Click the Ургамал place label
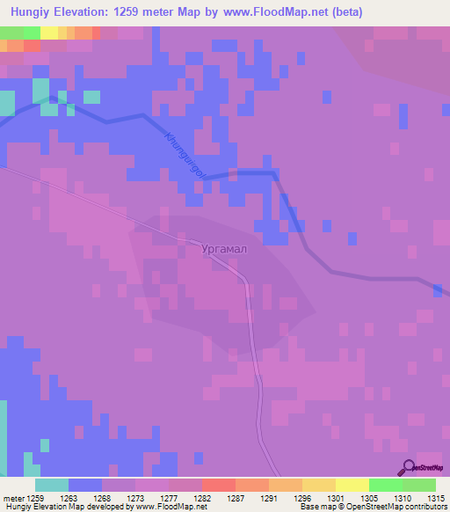pos(224,249)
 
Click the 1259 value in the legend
pos(33,498)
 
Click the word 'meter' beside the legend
pos(11,498)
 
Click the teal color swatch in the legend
pos(51,485)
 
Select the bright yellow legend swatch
pos(352,485)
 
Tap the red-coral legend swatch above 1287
pos(218,485)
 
